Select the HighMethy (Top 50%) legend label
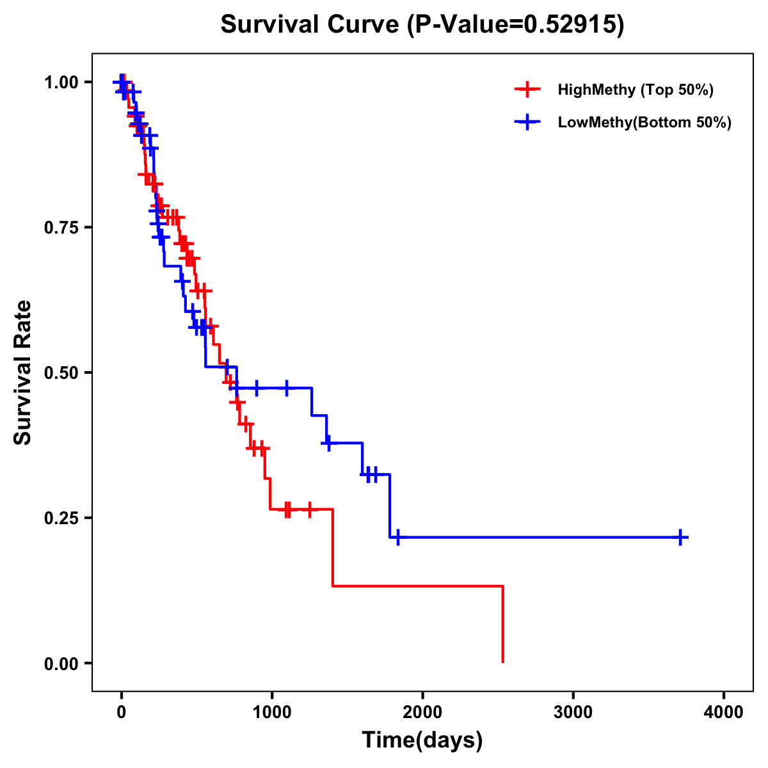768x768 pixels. pyautogui.click(x=635, y=90)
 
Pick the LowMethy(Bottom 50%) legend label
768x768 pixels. pyautogui.click(x=644, y=122)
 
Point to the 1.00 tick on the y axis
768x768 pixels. pyautogui.click(x=61, y=83)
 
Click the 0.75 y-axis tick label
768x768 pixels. pyautogui.click(x=61, y=228)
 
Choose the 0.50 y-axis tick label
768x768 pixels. pyautogui.click(x=61, y=373)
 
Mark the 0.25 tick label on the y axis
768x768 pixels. pyautogui.click(x=61, y=518)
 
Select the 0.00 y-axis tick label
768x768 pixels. pyautogui.click(x=61, y=664)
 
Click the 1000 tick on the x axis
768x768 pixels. pyautogui.click(x=272, y=712)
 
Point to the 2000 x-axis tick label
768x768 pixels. pyautogui.click(x=422, y=712)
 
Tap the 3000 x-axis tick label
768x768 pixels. pyautogui.click(x=573, y=712)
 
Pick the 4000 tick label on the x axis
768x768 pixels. pyautogui.click(x=724, y=712)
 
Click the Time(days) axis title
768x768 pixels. pyautogui.click(x=422, y=740)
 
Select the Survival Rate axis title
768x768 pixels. pyautogui.click(x=23, y=372)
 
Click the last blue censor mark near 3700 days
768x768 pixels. pyautogui.click(x=682, y=538)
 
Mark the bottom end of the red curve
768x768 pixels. pyautogui.click(x=503, y=662)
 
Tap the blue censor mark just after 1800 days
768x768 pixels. pyautogui.click(x=397, y=538)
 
